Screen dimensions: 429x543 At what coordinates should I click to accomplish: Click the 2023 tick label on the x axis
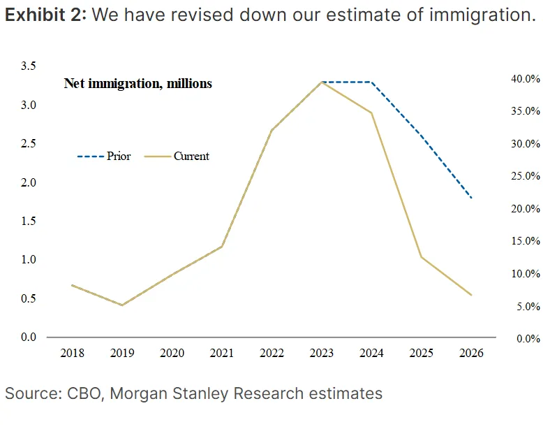tap(321, 353)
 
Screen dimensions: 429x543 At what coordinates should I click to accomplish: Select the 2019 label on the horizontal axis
tap(122, 353)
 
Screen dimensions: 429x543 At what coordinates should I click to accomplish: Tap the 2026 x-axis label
tap(471, 353)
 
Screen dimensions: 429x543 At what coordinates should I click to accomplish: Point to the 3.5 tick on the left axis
tap(29, 66)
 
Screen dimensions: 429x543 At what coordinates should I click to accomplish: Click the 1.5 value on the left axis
tap(29, 221)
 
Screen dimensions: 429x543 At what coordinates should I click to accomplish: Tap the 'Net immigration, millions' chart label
tap(138, 84)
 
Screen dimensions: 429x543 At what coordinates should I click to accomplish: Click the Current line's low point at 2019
tap(122, 305)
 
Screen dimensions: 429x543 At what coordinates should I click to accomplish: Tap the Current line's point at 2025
tap(421, 257)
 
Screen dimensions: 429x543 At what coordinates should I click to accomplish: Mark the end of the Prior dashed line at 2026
tap(472, 198)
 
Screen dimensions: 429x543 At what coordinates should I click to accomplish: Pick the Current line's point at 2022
tap(271, 130)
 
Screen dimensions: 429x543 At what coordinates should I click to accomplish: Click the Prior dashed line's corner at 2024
tap(371, 82)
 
